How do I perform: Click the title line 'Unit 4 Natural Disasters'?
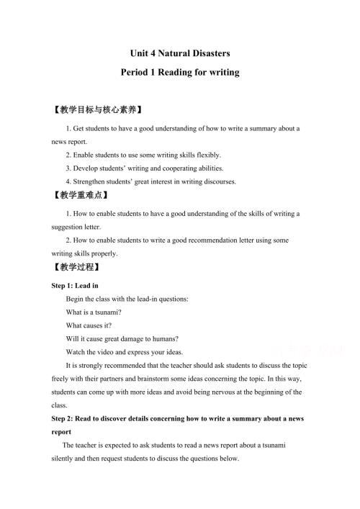(x=180, y=53)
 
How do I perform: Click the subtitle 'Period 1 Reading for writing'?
(x=180, y=72)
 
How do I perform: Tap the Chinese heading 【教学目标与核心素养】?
(x=98, y=110)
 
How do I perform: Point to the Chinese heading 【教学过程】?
(x=76, y=266)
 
